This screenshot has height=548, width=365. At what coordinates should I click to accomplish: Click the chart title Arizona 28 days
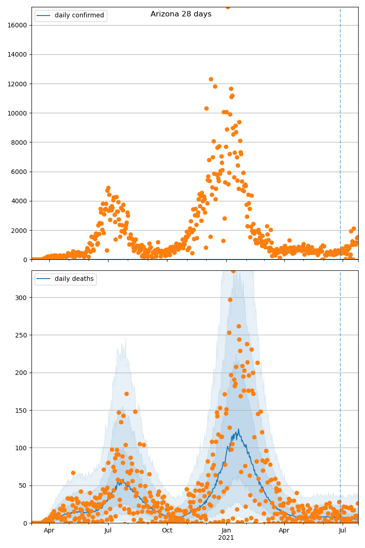[181, 14]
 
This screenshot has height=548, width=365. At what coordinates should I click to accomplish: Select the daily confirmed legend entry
[79, 16]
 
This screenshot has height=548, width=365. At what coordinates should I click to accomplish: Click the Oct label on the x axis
[167, 530]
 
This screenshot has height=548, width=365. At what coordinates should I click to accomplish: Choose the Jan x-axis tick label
[226, 530]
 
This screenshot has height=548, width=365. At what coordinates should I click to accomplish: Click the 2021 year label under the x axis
[226, 538]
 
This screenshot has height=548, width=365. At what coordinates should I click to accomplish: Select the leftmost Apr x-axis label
[49, 530]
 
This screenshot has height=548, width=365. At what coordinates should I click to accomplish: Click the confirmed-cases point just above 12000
[211, 79]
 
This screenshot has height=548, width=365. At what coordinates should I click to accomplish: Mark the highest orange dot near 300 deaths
[230, 300]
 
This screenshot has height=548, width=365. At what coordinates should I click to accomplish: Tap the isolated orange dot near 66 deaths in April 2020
[73, 473]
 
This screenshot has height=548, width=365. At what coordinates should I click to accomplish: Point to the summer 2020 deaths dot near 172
[126, 394]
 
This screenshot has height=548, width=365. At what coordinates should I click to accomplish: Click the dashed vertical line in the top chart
[340, 137]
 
